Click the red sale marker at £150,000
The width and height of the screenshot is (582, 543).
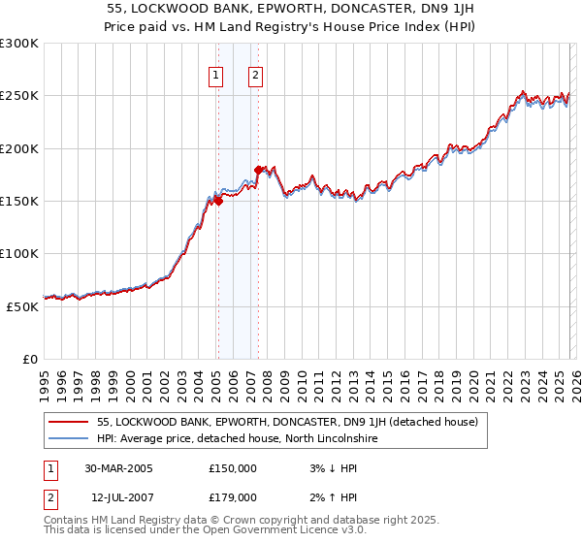click(218, 202)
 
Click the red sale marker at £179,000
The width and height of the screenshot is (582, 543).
click(258, 171)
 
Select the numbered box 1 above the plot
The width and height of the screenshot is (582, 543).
click(214, 76)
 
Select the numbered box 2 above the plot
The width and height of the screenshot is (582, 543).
click(255, 76)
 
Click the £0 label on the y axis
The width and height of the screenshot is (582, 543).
click(30, 359)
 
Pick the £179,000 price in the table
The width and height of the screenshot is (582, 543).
click(233, 496)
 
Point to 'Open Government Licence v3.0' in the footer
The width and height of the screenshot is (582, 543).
click(285, 530)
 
